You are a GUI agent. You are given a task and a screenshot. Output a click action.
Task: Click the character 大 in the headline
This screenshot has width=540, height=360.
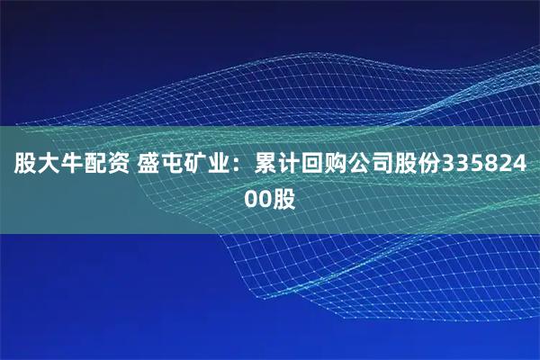48,166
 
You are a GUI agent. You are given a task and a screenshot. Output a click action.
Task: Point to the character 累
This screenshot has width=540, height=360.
267,166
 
